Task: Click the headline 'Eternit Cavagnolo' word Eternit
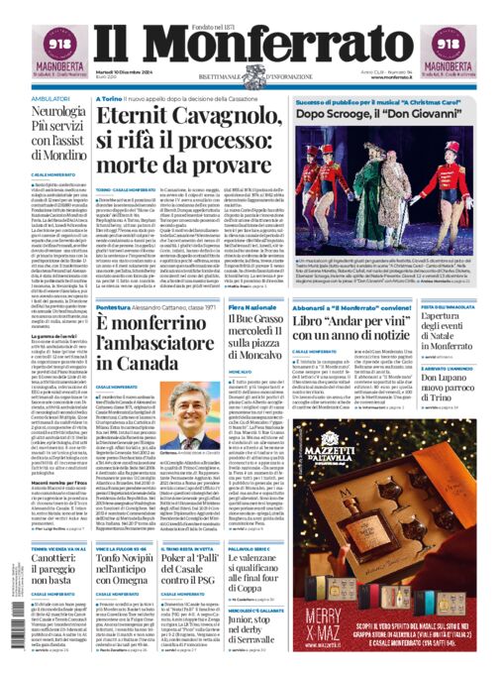click(158, 118)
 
